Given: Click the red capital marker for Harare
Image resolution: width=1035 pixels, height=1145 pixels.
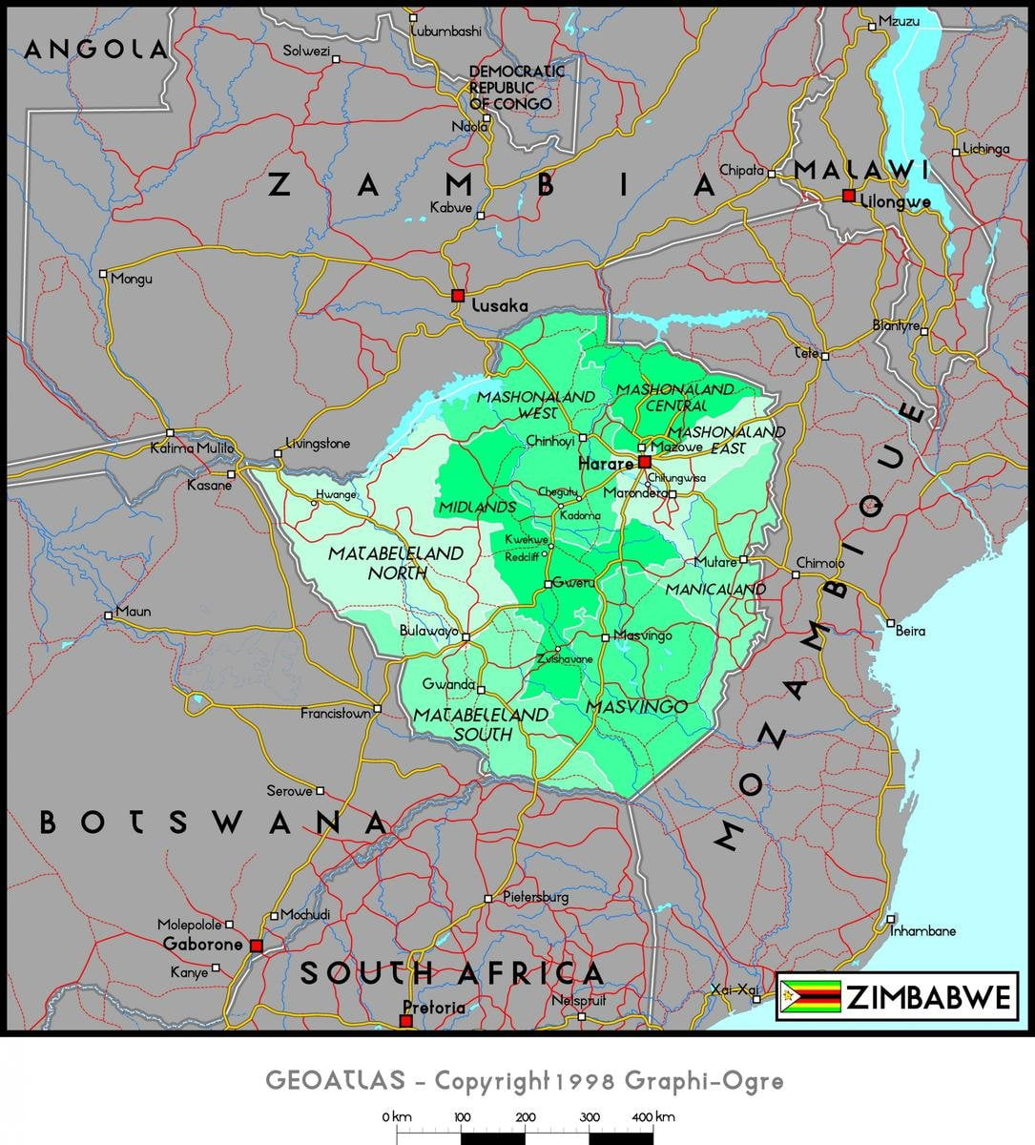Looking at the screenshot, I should click(x=645, y=463).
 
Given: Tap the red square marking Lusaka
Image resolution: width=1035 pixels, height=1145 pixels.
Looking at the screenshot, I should click(x=458, y=295).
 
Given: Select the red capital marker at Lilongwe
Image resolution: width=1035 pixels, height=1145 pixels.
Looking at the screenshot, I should click(x=848, y=196).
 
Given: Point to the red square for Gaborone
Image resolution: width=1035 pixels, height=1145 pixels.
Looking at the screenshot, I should click(x=256, y=946).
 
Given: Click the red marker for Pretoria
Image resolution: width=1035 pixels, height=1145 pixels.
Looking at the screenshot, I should click(x=405, y=1021).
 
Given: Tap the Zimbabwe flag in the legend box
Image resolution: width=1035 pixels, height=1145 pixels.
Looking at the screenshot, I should click(x=810, y=997).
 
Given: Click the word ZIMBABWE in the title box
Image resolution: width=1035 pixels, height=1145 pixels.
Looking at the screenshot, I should click(x=927, y=997).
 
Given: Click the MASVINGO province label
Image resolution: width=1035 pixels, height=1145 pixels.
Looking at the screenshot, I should click(x=636, y=707).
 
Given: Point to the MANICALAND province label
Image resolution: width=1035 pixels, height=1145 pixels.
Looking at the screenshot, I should click(x=714, y=590).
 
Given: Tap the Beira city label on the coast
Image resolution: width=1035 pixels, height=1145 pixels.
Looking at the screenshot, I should click(x=910, y=631).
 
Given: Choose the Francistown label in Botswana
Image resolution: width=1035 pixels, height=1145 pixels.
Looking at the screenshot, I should click(x=335, y=714).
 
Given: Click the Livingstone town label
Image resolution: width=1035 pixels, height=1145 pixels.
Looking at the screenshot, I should click(x=318, y=444).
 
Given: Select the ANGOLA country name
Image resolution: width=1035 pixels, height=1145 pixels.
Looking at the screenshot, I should click(x=95, y=50).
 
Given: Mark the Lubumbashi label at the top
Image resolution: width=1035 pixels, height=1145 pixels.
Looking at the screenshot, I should click(x=445, y=31).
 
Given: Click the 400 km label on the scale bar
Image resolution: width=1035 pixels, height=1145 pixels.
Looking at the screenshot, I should click(x=652, y=1116).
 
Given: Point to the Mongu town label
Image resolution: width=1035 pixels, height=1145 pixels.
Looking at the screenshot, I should click(x=131, y=279).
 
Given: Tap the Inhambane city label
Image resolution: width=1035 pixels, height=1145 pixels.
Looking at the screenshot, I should click(x=922, y=931).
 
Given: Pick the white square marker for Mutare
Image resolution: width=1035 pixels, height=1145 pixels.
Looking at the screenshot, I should click(x=744, y=559).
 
